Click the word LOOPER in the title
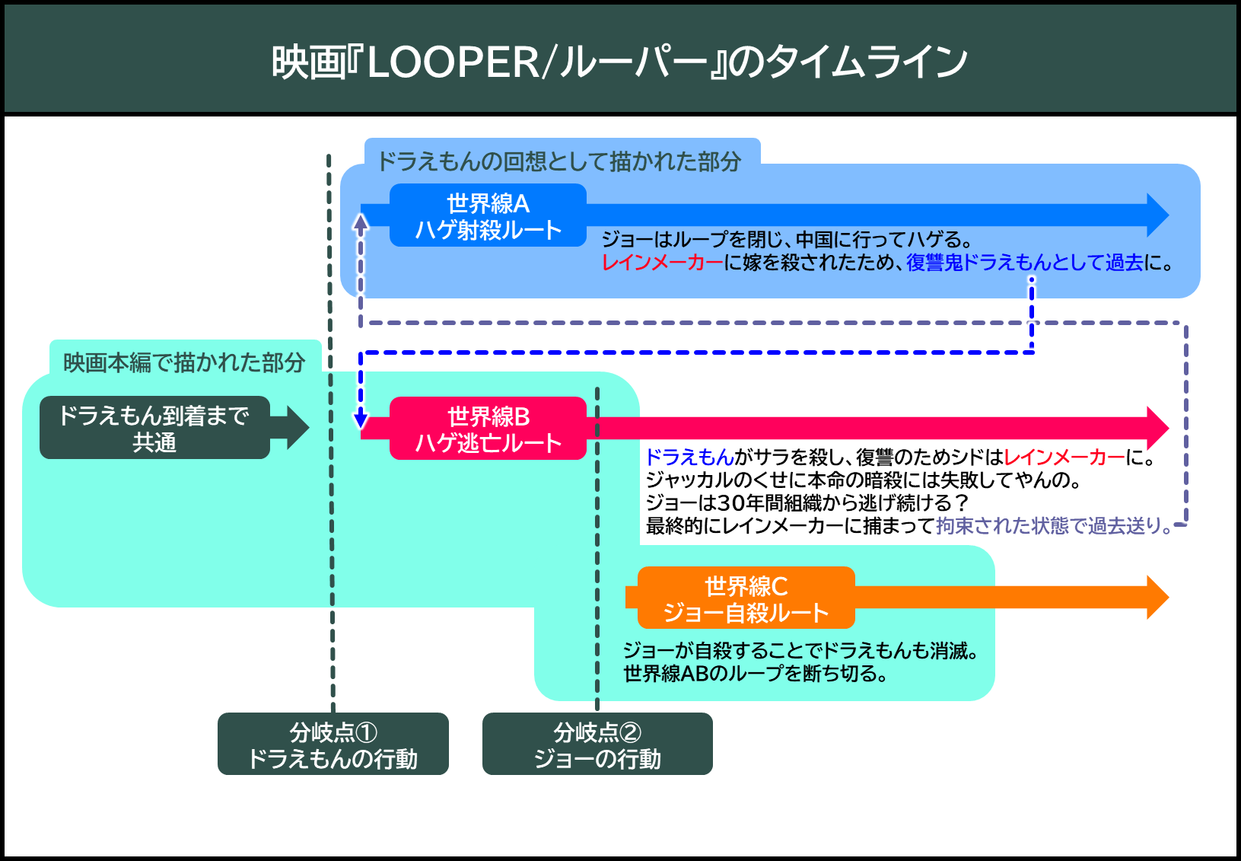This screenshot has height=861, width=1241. pyautogui.click(x=453, y=62)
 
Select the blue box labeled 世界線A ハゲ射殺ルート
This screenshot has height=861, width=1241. pyautogui.click(x=488, y=215)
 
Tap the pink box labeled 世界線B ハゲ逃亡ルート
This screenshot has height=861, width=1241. pyautogui.click(x=488, y=428)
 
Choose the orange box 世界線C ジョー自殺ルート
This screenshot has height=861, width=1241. pyautogui.click(x=746, y=598)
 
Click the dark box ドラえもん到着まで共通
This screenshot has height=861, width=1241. pyautogui.click(x=154, y=427)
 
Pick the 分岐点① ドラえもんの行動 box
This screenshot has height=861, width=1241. pyautogui.click(x=333, y=744)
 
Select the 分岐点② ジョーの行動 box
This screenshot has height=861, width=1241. pyautogui.click(x=597, y=744)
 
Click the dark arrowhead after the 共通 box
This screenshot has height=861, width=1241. pyautogui.click(x=298, y=427)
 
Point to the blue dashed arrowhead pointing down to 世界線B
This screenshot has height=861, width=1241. pyautogui.click(x=361, y=419)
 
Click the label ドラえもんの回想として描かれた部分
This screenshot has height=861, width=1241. pyautogui.click(x=559, y=161)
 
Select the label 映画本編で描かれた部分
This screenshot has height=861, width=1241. pyautogui.click(x=184, y=362)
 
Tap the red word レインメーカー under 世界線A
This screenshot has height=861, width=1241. pyautogui.click(x=663, y=262)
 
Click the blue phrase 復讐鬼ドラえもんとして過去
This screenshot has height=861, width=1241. pyautogui.click(x=1024, y=262)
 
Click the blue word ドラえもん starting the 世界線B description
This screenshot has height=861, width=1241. pyautogui.click(x=690, y=458)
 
